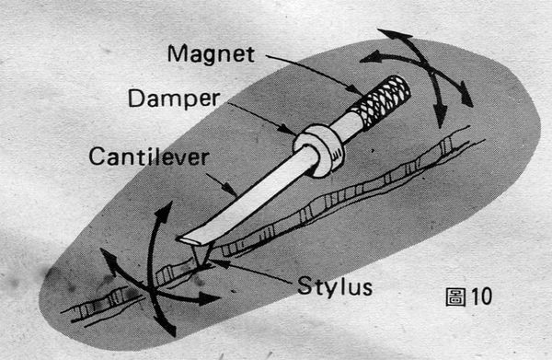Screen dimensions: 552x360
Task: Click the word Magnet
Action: point(211,54)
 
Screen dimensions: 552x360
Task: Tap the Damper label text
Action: point(174,99)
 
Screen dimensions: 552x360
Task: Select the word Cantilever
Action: point(148,157)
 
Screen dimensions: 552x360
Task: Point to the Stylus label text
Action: point(335,286)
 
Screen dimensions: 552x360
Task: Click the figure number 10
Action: point(481,296)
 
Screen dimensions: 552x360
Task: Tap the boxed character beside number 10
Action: point(456,297)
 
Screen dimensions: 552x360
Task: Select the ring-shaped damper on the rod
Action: point(318,149)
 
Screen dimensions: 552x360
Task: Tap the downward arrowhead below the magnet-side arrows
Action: point(440,116)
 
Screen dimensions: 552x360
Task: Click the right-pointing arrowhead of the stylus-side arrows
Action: point(209,299)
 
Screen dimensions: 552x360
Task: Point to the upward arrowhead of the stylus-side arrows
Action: point(164,212)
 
